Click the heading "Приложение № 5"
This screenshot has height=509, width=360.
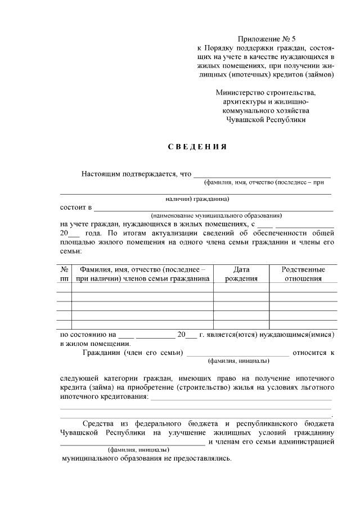tap(267, 39)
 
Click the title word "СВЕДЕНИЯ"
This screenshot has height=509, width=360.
tap(197, 147)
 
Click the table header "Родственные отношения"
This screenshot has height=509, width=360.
tap(303, 273)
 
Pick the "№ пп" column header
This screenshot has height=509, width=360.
tap(65, 273)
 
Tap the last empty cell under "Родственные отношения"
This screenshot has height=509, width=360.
tap(303, 323)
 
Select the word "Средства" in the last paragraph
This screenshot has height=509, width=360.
tap(100, 422)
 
